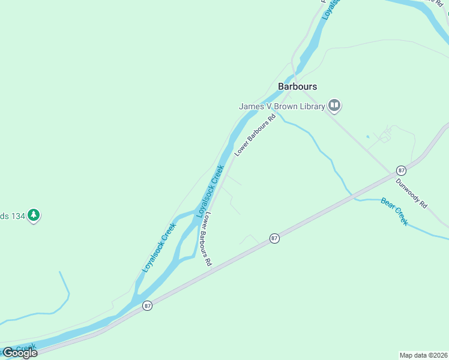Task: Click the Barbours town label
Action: point(297,86)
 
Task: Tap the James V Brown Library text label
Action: point(282,106)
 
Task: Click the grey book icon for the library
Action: point(334,106)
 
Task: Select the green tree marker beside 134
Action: point(34,215)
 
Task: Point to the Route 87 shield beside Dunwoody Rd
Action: point(400,170)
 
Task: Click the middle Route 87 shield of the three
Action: point(274,238)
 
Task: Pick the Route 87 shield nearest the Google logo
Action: point(148,306)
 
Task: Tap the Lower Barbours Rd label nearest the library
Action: point(255,136)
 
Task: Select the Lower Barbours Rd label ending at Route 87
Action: point(206,239)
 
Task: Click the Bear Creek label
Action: point(394,211)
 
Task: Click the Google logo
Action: point(20,353)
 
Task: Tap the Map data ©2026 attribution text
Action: point(423,355)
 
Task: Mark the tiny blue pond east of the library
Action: point(367,136)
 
